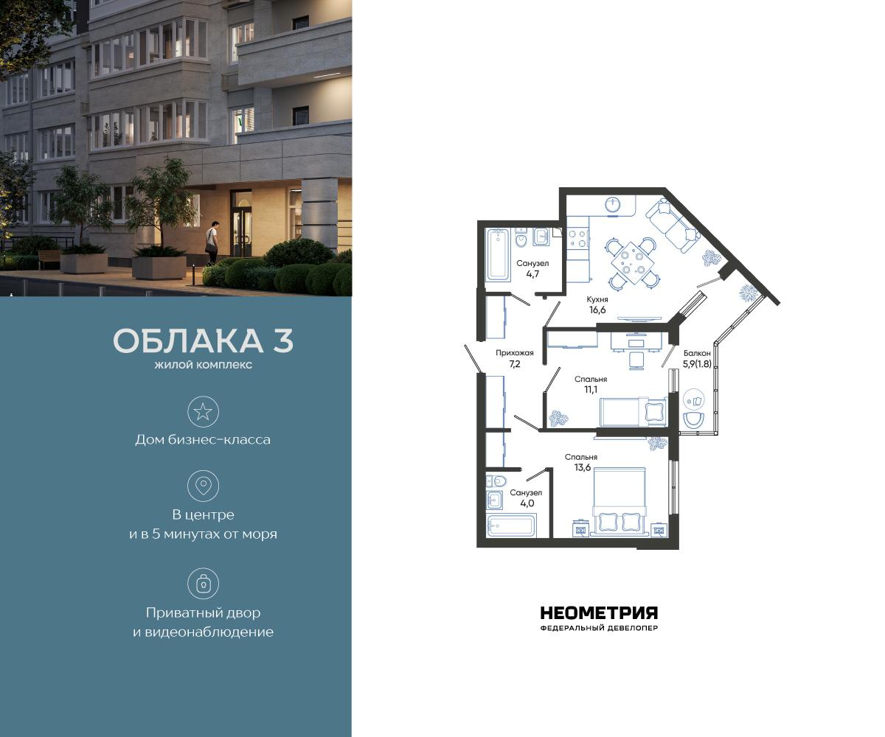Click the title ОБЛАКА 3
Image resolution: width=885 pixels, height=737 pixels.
click(203, 341)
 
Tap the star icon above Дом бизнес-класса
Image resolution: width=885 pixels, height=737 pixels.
click(203, 411)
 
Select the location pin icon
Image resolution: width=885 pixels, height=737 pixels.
click(203, 486)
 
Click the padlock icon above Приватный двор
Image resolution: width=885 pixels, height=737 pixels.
click(203, 583)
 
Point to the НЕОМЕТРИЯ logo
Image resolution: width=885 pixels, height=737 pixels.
click(599, 613)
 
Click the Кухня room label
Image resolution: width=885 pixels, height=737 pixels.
click(597, 299)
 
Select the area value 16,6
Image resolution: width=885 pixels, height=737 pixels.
click(597, 310)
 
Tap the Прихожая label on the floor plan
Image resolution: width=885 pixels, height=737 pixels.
click(514, 353)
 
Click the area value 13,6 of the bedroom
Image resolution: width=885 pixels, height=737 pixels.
click(582, 467)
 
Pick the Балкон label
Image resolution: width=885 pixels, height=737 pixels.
click(696, 353)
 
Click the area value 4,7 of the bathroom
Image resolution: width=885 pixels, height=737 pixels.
click(532, 273)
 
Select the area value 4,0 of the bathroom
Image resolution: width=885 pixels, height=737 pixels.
click(526, 503)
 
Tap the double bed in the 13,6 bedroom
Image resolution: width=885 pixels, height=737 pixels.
click(619, 501)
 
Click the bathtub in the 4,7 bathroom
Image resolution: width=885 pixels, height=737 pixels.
click(499, 254)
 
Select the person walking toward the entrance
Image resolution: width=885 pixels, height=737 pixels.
click(212, 242)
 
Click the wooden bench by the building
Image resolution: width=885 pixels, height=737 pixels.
click(49, 258)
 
